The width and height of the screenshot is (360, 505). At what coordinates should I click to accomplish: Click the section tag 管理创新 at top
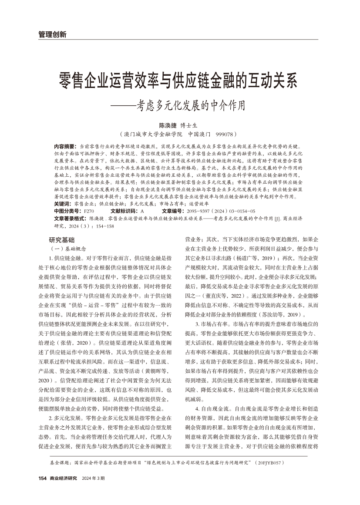click(49, 34)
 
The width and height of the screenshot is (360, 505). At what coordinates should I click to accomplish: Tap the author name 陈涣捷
click(167, 125)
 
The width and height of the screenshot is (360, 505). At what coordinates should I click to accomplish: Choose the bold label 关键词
click(63, 203)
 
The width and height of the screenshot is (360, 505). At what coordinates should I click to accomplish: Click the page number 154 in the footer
click(42, 478)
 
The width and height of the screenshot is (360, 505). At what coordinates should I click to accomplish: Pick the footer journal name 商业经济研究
click(64, 478)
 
